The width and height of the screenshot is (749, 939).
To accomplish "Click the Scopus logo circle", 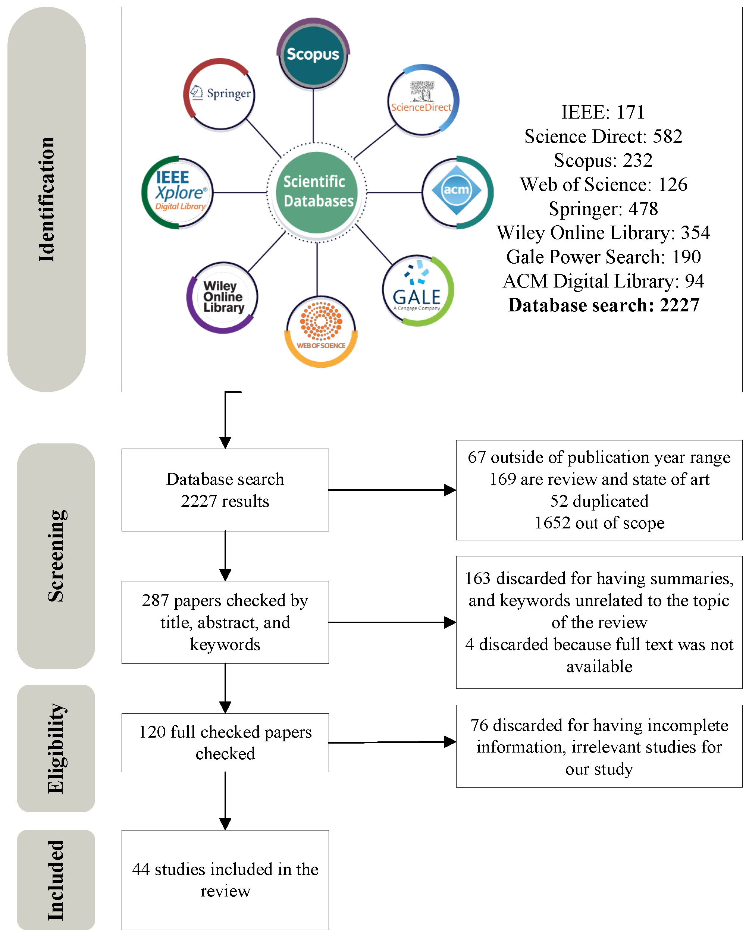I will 313,54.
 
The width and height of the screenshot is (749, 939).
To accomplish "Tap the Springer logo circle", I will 220,94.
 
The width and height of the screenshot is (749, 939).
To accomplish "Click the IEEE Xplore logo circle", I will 178,192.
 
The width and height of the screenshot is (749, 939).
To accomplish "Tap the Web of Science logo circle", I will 321,331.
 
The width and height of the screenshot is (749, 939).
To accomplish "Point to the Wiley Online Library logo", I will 223,298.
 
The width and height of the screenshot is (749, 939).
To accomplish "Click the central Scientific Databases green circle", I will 317,192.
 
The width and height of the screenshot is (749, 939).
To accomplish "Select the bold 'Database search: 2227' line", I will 604,305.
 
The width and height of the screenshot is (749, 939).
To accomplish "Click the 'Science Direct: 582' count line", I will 604,136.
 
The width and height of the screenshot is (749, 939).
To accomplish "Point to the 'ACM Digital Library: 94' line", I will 604,281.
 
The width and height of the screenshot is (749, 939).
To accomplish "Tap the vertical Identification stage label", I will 47,200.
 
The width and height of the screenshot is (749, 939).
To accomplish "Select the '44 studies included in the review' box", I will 225,879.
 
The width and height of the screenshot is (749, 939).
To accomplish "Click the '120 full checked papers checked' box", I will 225,742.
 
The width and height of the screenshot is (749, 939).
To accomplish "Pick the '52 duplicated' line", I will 599,501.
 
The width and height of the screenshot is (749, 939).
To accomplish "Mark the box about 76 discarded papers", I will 599,747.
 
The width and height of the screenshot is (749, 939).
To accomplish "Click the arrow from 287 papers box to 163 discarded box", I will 392,622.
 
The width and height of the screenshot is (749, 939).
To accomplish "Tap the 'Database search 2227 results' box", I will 225,490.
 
